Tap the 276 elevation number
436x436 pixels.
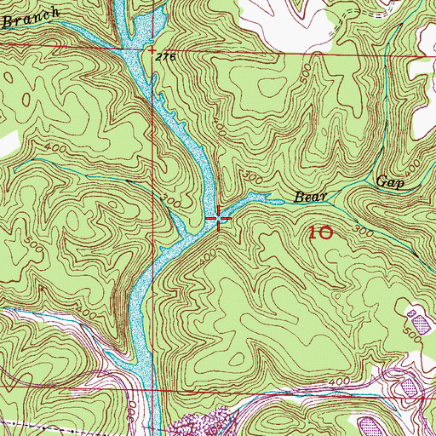pos(165,56)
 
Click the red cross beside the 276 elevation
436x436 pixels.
pos(152,51)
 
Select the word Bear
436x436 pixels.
pos(311,197)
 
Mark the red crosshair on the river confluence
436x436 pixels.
pos(219,220)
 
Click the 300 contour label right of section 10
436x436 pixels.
pos(364,231)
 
